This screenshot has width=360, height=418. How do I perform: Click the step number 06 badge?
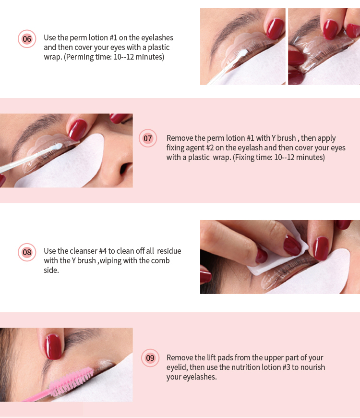pos(27,38)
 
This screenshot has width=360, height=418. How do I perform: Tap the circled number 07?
pos(148,138)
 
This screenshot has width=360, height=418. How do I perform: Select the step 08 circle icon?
pos(27,252)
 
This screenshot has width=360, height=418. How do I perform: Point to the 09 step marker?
pos(150,358)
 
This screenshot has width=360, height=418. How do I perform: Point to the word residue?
pos(169,251)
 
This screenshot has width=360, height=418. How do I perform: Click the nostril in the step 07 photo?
pos(124,170)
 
